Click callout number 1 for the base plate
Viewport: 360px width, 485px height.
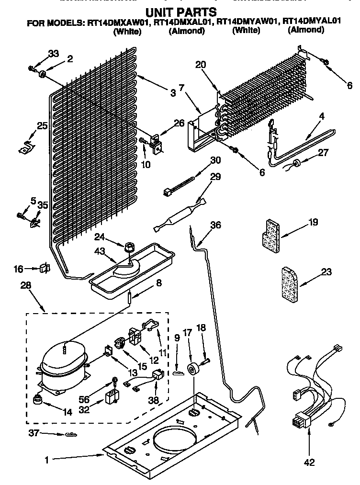[46, 460]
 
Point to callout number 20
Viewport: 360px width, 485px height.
[200, 65]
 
